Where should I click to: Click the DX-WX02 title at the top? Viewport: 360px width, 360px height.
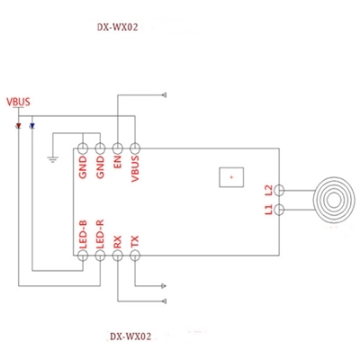pos(118,27)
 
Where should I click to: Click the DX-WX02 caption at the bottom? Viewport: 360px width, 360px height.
pos(130,337)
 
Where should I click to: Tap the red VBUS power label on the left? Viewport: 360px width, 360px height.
pos(18,102)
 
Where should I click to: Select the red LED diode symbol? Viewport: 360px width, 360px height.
pos(19,126)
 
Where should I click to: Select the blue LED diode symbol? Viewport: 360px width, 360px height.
pos(31,126)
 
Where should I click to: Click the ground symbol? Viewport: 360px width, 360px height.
pos(53,159)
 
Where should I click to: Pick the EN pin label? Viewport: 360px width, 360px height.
pos(117,161)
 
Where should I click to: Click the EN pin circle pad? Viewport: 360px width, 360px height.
pos(117,148)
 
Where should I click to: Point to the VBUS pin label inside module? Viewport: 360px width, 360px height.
pos(135,168)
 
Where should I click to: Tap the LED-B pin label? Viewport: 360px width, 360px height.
pos(83,234)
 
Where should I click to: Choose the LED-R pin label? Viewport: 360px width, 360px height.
pos(100,234)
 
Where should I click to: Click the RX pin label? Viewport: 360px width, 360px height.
pos(117,242)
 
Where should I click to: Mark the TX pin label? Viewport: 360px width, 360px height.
pos(135,242)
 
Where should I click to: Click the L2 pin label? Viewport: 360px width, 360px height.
pos(268,191)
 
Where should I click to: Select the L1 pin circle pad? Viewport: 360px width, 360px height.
pos(279,210)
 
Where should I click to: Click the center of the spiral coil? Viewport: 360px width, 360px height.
pos(334,200)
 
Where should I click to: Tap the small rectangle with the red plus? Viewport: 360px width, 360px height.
pos(231,177)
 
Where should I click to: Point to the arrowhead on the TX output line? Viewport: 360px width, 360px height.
pos(164,286)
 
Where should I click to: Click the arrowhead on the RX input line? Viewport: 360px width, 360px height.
pos(164,301)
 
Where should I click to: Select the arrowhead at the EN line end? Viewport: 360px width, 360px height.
pos(164,95)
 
